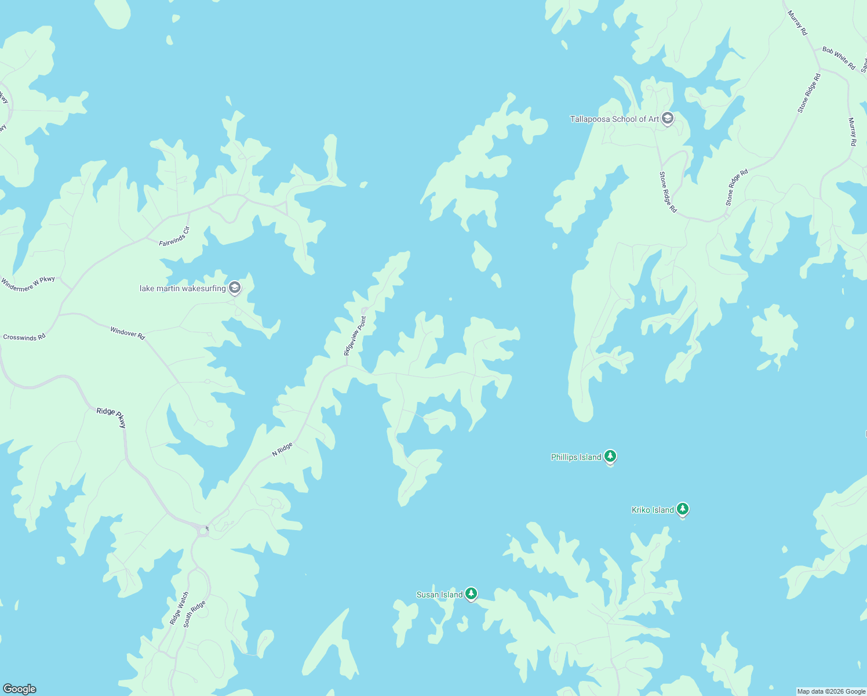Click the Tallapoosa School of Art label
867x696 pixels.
[x=614, y=119]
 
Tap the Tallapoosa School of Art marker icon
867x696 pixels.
[x=667, y=119]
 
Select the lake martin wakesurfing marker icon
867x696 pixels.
[x=234, y=288]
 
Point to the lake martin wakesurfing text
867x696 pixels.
[x=183, y=288]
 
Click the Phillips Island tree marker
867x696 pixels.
[x=610, y=456]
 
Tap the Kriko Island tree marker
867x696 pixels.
[x=683, y=509]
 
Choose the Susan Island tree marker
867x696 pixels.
[x=471, y=594]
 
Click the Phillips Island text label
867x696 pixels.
[x=576, y=457]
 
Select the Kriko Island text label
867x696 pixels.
[x=653, y=510]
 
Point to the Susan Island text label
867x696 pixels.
[x=439, y=594]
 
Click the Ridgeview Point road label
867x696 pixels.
[x=355, y=335]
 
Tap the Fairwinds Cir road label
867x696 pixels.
[x=174, y=237]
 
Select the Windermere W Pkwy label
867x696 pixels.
[x=28, y=284]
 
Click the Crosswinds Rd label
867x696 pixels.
[x=24, y=337]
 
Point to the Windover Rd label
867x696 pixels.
[x=128, y=332]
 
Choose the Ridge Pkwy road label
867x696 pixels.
[x=111, y=416]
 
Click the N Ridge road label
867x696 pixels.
[x=282, y=449]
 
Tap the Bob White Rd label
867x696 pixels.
[x=839, y=58]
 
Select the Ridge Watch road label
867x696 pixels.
[x=179, y=608]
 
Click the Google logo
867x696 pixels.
[x=20, y=688]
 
